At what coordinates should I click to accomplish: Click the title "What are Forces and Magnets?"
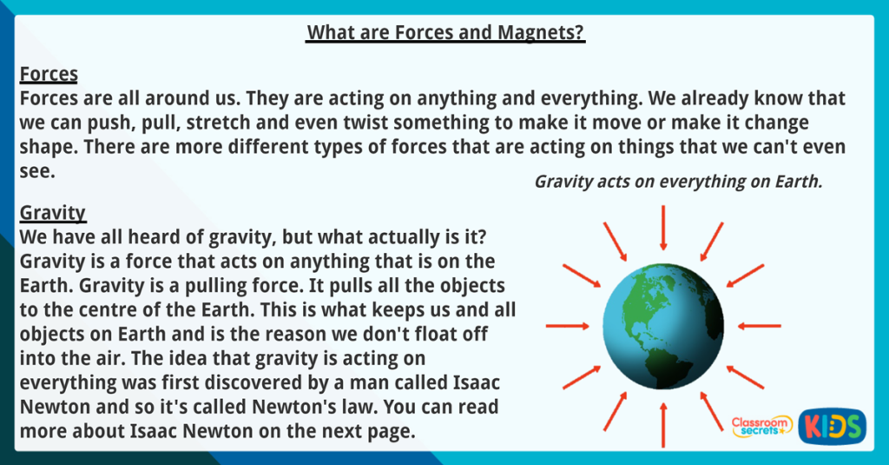[x=445, y=33]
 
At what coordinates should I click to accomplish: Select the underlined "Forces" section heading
[x=49, y=73]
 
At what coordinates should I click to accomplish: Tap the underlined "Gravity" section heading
[x=52, y=212]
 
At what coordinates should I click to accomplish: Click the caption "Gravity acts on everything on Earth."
[x=678, y=183]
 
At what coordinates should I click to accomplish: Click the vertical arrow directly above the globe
[x=664, y=228]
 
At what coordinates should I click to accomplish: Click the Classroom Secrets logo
[x=761, y=425]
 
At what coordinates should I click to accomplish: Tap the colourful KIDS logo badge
[x=832, y=426]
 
